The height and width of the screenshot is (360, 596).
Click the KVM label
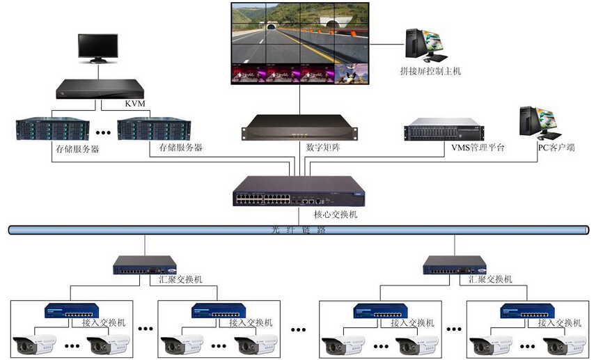(135, 103)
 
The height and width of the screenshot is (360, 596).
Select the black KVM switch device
(100, 89)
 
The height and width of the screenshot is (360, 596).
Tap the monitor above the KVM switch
(98, 48)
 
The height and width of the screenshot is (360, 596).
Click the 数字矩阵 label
(323, 147)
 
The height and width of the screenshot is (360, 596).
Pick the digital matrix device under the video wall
(299, 127)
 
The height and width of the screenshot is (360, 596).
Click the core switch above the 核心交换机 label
(299, 191)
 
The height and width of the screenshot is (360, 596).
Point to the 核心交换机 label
(336, 214)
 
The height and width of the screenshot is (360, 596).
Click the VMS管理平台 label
(478, 148)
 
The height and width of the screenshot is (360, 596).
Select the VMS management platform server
(444, 130)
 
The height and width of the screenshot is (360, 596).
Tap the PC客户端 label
(556, 148)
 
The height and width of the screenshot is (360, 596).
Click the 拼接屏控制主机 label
(431, 71)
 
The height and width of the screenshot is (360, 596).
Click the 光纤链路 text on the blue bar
(299, 230)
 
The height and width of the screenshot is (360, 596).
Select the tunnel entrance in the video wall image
(271, 26)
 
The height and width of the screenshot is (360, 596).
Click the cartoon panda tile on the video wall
(352, 73)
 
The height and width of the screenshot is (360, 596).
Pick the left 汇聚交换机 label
(180, 279)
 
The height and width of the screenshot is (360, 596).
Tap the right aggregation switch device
(455, 265)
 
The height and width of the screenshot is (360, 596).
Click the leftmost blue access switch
(72, 311)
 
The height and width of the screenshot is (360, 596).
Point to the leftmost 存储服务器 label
(77, 149)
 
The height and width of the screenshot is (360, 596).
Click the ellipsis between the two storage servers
(103, 132)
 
